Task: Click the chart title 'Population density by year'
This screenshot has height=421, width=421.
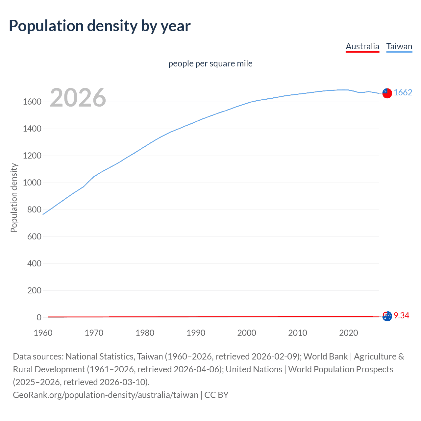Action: tap(100, 26)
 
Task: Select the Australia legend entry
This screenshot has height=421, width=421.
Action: tap(362, 46)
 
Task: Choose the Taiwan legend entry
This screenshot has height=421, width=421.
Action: tap(399, 46)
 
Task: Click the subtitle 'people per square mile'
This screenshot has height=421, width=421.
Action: tap(210, 63)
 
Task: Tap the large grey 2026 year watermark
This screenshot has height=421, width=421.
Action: tap(78, 98)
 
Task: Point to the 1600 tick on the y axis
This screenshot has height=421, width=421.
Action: tap(32, 102)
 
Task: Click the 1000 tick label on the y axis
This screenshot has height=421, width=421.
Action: tap(32, 183)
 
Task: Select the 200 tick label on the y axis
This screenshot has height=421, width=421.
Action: tap(34, 291)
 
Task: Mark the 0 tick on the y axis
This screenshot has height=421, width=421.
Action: tap(39, 318)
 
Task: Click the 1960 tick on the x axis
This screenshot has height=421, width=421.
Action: tap(43, 333)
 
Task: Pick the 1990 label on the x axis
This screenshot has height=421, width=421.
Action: tap(196, 333)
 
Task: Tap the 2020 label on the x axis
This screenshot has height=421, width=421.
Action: tap(348, 333)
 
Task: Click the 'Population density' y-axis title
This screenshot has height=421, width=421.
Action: tap(14, 198)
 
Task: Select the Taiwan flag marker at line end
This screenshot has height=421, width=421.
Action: tap(387, 93)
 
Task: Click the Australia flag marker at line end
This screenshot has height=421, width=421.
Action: tap(387, 316)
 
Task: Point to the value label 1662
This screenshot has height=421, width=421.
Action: tap(403, 93)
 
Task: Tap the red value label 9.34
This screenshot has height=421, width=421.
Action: tap(401, 316)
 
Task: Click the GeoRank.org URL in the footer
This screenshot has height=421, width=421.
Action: tap(105, 395)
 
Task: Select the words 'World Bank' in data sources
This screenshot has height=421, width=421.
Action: tap(325, 357)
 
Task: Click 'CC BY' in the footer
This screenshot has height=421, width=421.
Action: tap(216, 395)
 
